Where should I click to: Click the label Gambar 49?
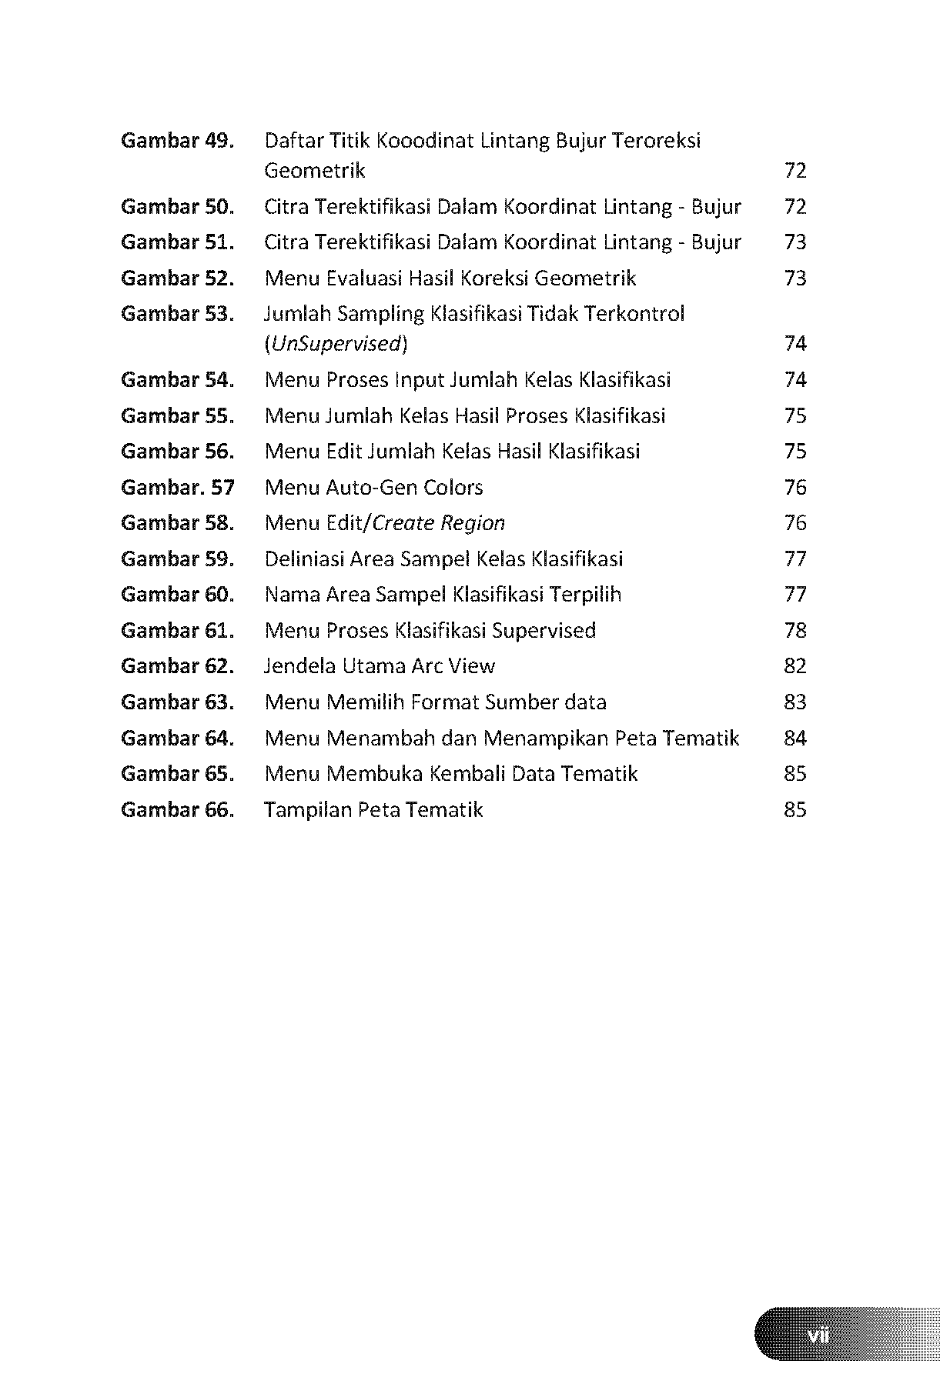pyautogui.click(x=177, y=141)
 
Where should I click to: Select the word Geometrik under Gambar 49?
pyautogui.click(x=314, y=170)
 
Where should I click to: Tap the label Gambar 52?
pyautogui.click(x=177, y=278)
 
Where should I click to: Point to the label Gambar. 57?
pyautogui.click(x=177, y=487)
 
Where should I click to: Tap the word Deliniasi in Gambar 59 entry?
pyautogui.click(x=304, y=559)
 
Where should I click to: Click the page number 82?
pyautogui.click(x=795, y=665)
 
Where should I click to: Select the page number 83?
pyautogui.click(x=795, y=702)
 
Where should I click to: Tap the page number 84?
pyautogui.click(x=795, y=738)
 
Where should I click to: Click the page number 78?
pyautogui.click(x=795, y=630)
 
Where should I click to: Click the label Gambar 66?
pyautogui.click(x=177, y=809)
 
